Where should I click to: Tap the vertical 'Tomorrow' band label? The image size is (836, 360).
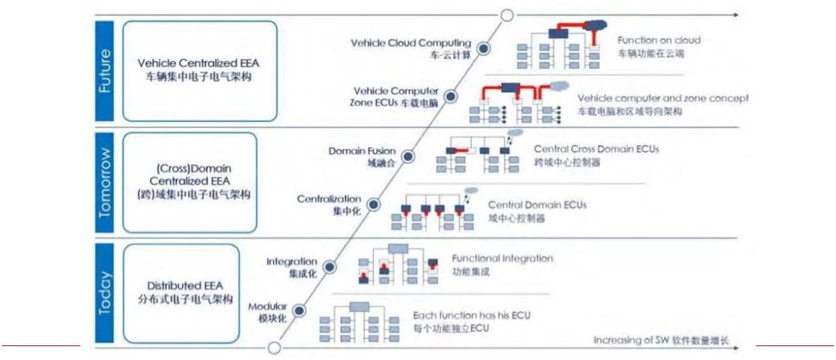[105, 182]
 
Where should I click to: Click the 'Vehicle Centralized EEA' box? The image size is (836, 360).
[199, 70]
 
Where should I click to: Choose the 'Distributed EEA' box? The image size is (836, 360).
[181, 292]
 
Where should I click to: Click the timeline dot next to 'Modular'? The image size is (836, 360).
[299, 310]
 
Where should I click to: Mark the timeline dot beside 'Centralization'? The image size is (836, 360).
[374, 204]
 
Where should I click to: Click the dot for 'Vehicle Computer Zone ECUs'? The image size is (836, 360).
[451, 96]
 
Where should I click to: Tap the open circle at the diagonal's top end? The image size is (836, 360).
[507, 15]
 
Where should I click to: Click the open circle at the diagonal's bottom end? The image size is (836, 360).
[274, 348]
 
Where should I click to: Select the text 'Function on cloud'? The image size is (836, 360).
[658, 41]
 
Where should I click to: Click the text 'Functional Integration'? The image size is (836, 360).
[502, 258]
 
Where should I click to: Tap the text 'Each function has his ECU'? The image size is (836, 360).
[471, 315]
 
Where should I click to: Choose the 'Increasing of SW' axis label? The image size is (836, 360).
[660, 341]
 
